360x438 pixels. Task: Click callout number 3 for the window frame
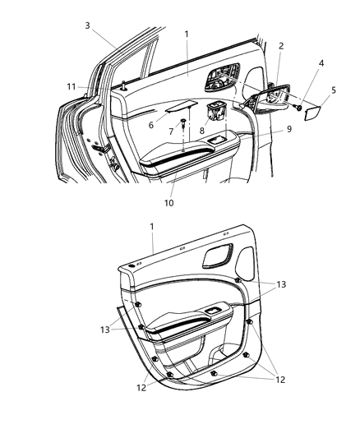pyautogui.click(x=87, y=25)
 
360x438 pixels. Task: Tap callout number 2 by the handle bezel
pyautogui.click(x=280, y=46)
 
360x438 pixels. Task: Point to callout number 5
pyautogui.click(x=333, y=90)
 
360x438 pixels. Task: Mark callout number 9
pyautogui.click(x=266, y=130)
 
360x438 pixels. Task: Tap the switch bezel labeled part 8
pyautogui.click(x=218, y=108)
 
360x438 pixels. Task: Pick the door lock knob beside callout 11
pyautogui.click(x=122, y=85)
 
